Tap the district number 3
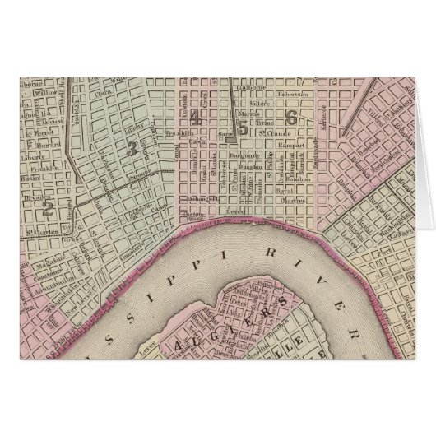pyautogui.click(x=132, y=148)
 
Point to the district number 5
pyautogui.click(x=244, y=128)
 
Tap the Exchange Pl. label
pyautogui.click(x=201, y=198)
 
